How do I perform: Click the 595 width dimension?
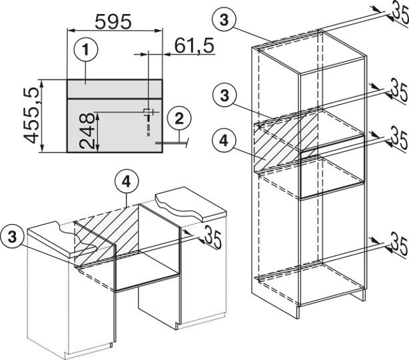click(113, 21)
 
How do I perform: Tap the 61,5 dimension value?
click(194, 46)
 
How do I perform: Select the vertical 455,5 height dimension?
click(31, 115)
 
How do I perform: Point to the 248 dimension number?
click(87, 131)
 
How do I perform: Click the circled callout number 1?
click(86, 49)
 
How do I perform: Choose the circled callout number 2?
click(179, 119)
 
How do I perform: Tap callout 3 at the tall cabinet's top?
click(224, 19)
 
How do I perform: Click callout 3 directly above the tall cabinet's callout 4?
click(224, 95)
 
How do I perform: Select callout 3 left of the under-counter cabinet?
click(12, 237)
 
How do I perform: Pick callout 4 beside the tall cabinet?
click(224, 141)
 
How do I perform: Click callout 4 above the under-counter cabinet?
click(127, 182)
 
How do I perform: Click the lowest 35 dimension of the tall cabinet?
click(399, 245)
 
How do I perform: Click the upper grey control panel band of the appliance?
click(115, 89)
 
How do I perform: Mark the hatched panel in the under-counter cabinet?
click(107, 234)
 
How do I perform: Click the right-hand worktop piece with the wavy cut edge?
click(191, 203)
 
